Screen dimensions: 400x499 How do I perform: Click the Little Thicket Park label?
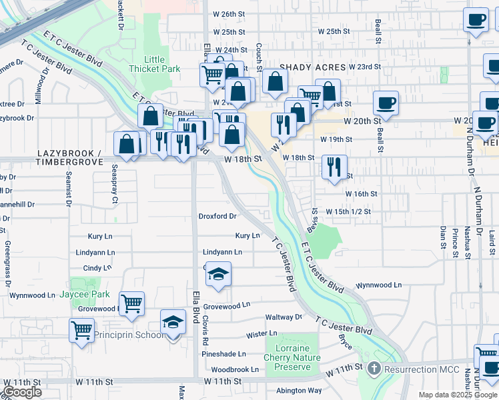155,64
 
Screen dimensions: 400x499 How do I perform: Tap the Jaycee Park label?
91,294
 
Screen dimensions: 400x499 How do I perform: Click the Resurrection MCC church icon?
374,368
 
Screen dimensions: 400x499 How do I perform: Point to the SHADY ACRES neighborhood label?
312,67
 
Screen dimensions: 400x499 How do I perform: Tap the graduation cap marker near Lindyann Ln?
218,275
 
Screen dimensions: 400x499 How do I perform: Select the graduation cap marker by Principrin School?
173,323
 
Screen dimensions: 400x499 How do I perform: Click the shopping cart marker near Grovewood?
132,303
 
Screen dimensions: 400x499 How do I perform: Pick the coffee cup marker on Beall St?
386,103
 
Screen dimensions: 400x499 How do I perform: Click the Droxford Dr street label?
217,216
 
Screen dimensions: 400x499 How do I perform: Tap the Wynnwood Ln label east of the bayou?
378,285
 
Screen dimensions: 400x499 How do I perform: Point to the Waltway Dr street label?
284,317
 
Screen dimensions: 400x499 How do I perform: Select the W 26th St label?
229,13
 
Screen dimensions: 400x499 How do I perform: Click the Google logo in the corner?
22,392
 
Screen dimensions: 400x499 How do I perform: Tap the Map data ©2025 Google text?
457,395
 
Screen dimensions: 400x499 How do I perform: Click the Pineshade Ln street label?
224,354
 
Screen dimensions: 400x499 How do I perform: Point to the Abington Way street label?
299,391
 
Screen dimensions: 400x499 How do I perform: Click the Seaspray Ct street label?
115,183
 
